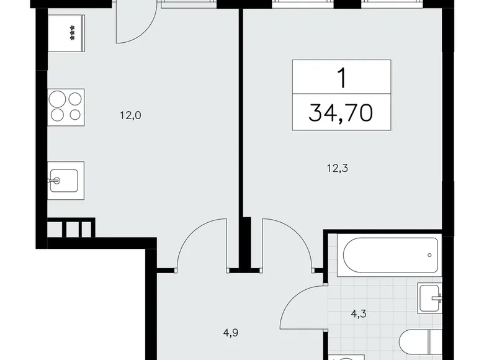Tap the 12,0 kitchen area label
tap(131, 114)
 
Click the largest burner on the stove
tap(58, 99)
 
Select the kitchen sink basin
tap(66, 181)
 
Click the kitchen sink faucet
tap(55, 181)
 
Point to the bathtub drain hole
tap(429, 254)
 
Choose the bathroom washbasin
tap(430, 299)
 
